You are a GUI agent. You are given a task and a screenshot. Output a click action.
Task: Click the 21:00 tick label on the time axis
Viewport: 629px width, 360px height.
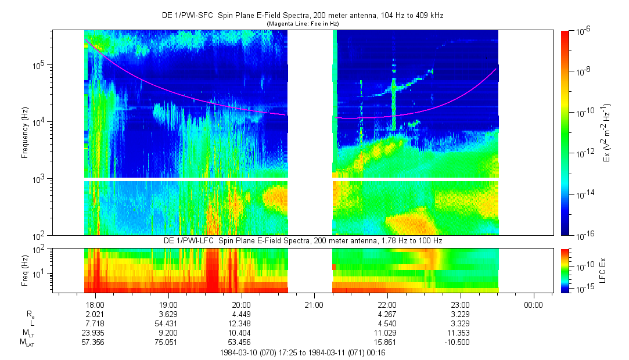314,305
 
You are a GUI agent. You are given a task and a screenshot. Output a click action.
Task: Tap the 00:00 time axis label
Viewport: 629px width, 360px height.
533,305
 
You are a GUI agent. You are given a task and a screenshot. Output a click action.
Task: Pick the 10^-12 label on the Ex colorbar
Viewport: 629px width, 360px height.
584,153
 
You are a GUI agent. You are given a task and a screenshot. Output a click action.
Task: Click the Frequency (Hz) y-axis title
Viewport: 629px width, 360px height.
25,133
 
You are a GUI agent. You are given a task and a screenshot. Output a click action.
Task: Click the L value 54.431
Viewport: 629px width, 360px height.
166,323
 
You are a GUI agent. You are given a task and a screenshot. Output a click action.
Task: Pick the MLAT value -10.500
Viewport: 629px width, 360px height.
457,343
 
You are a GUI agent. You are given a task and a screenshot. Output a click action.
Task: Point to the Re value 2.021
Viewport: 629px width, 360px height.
95,314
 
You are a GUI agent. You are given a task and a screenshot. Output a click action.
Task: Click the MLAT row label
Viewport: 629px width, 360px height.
27,343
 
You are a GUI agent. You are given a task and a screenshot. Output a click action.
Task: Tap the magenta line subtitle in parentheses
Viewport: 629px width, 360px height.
303,24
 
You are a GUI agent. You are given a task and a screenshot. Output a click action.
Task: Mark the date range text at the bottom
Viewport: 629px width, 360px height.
303,353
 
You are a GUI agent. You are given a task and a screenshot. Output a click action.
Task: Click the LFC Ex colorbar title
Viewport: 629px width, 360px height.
602,271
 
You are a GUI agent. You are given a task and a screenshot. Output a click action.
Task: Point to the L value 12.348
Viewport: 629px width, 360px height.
239,323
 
